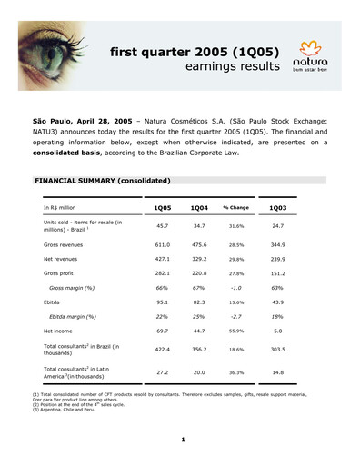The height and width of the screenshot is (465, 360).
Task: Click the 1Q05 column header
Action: tap(162, 208)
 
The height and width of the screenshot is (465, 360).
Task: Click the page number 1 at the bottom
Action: tap(182, 440)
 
